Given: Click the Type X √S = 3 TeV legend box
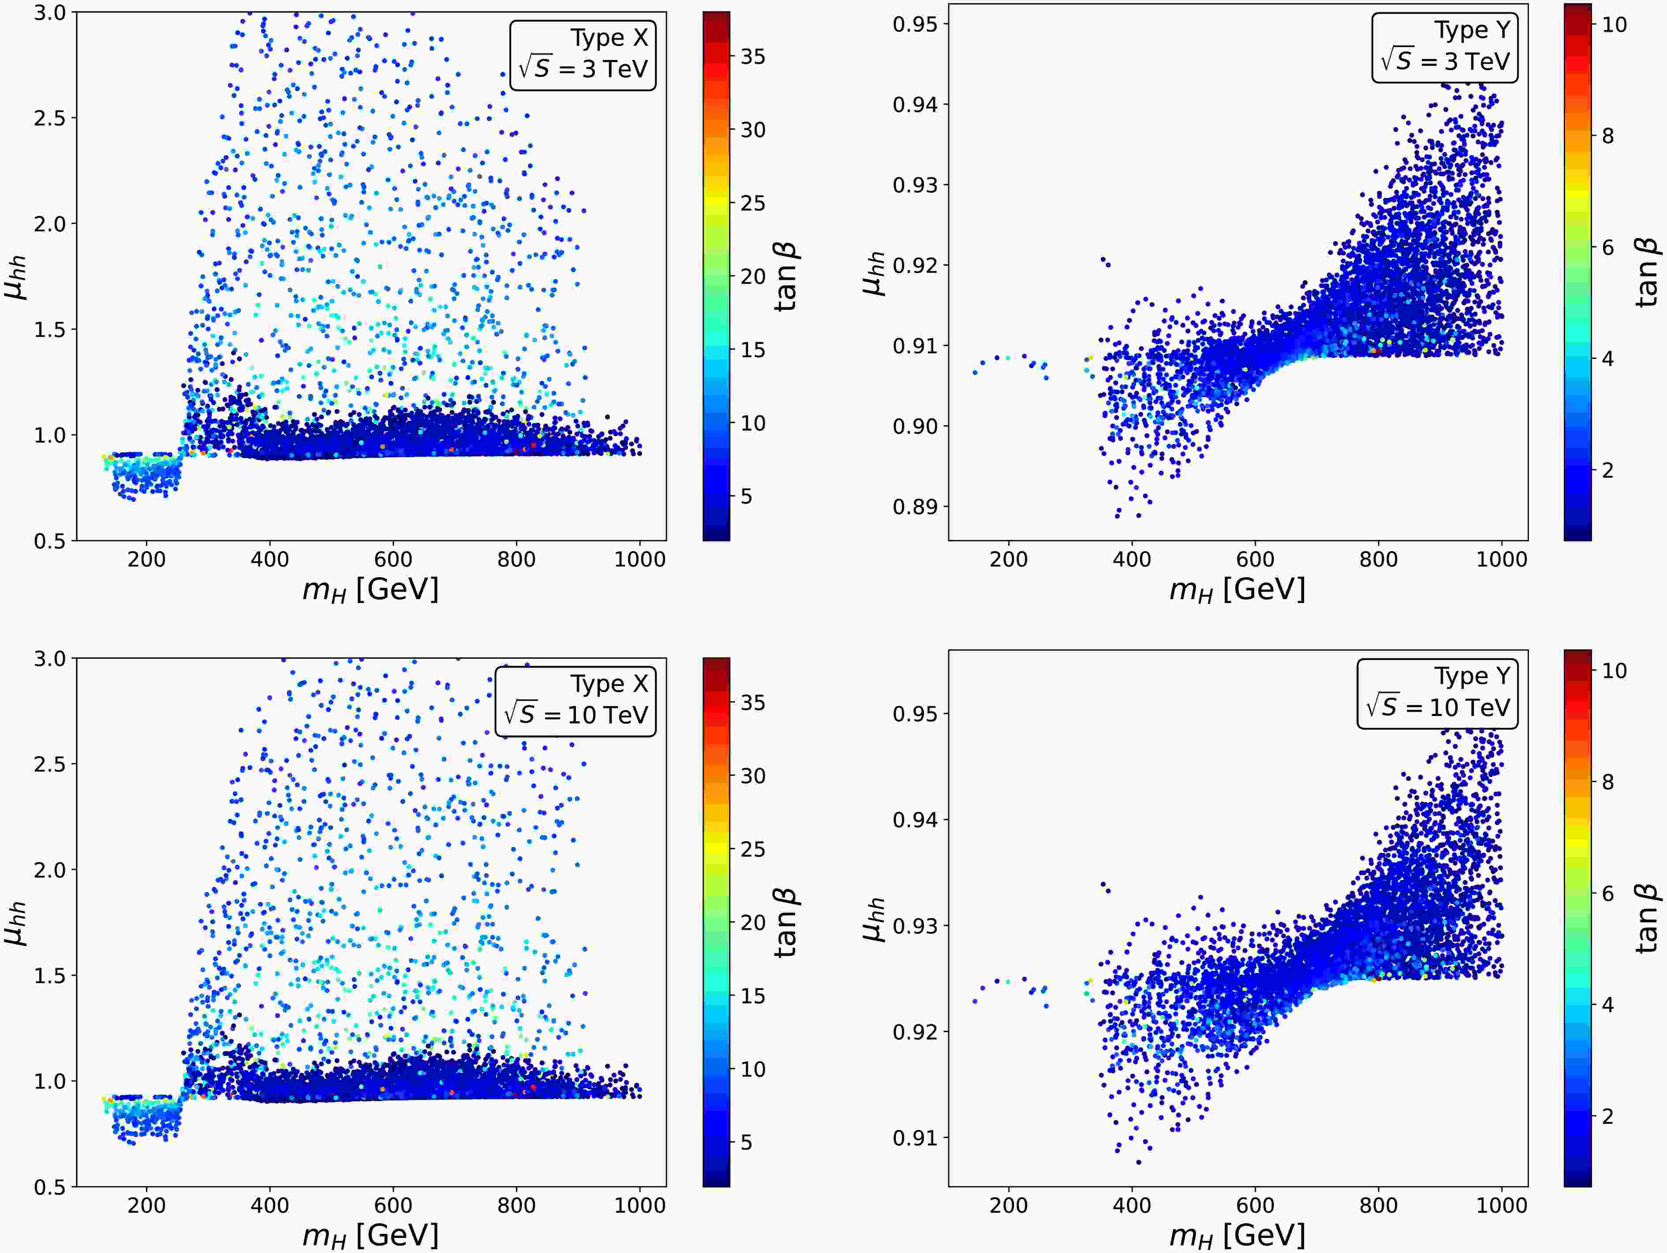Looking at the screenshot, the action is click(x=583, y=55).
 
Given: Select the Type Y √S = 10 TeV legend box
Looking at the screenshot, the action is click(x=1437, y=694).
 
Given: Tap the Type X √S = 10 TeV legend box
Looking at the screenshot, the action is click(x=576, y=701).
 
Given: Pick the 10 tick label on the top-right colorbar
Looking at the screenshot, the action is click(x=1614, y=25).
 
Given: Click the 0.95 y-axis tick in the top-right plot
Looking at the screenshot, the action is click(x=916, y=24).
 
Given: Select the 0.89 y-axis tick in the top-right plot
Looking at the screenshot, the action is click(x=916, y=506).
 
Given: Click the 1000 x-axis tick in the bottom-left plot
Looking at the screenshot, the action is click(x=640, y=1205).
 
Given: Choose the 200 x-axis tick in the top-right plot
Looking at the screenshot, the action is click(x=1008, y=559).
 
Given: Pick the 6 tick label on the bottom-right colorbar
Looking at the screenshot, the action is click(x=1607, y=894).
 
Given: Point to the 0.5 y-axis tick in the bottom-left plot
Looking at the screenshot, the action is click(x=50, y=1187).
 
